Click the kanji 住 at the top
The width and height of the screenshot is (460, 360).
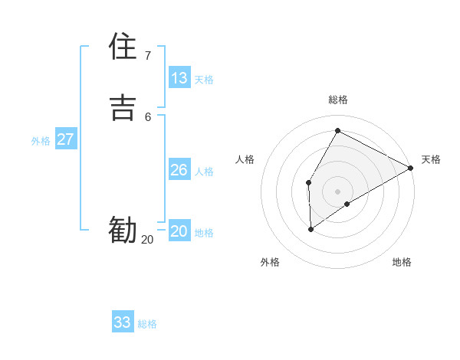click(123, 47)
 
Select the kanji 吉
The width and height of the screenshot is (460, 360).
click(123, 106)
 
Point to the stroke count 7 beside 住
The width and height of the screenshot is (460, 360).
click(147, 55)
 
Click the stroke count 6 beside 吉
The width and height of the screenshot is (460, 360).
click(147, 116)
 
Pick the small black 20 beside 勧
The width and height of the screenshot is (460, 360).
click(147, 240)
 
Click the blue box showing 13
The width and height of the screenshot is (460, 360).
click(179, 78)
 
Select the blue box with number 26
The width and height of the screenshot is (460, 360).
click(179, 170)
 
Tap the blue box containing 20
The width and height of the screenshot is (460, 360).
click(179, 231)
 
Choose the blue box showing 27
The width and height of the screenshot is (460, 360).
click(66, 139)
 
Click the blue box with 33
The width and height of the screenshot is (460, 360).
click(123, 322)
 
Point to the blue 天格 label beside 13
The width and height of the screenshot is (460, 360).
click(204, 80)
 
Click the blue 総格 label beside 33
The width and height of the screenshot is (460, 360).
click(147, 324)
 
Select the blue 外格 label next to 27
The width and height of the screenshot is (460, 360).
click(41, 141)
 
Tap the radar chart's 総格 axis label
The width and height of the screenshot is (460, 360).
click(338, 100)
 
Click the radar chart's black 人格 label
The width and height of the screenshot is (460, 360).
click(245, 159)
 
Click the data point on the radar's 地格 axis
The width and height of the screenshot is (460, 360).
click(347, 204)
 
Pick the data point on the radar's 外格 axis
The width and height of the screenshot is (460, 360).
click(310, 228)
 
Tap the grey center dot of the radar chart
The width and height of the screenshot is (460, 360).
click(337, 191)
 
